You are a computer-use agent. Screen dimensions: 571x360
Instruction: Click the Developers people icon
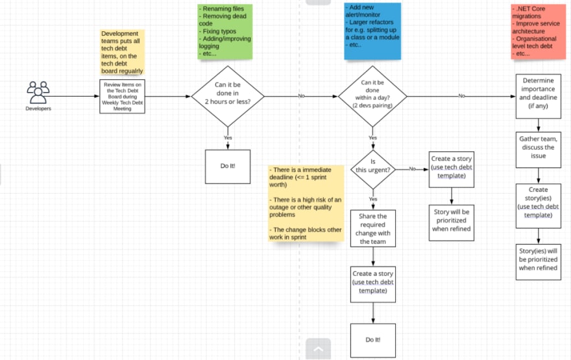38,93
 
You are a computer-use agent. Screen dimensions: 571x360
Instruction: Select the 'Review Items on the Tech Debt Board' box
123,97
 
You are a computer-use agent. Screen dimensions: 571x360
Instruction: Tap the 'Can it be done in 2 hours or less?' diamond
228,97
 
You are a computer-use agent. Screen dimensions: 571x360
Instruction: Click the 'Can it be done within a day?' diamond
372,97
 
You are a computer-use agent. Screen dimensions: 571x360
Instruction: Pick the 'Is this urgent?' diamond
373,169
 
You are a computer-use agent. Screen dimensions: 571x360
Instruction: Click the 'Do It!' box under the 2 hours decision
228,166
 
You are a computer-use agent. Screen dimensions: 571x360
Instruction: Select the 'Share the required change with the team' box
373,228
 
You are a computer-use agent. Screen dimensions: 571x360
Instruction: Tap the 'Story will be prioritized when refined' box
452,222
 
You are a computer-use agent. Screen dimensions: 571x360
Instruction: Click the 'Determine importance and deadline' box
538,97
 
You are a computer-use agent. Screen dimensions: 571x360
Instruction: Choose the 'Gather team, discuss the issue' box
538,150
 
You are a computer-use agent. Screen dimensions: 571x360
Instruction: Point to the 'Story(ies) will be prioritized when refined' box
538,262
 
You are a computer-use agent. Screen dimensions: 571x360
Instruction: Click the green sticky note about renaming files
225,32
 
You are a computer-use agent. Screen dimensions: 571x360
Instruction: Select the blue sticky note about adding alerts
372,31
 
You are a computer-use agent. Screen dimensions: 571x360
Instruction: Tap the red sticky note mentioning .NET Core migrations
538,32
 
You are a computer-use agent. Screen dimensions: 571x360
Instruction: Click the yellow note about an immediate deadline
306,204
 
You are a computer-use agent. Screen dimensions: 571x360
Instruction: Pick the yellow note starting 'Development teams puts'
123,53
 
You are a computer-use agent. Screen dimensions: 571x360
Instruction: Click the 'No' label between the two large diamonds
302,96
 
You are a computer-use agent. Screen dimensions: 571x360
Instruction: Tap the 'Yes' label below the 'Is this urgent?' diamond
373,199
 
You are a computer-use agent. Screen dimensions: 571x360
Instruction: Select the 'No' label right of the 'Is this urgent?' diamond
412,169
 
